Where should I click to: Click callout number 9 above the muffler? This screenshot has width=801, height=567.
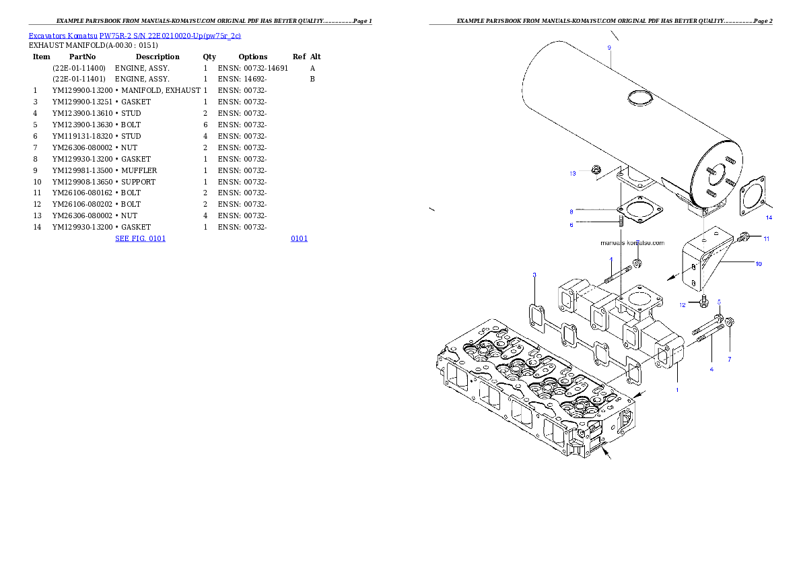click(609, 48)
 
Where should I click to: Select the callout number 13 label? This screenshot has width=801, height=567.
click(572, 174)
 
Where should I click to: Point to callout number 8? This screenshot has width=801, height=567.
click(571, 211)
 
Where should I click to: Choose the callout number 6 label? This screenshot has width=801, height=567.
click(571, 225)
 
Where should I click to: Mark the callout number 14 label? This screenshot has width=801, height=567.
click(768, 218)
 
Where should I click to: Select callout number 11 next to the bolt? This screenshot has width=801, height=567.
click(766, 238)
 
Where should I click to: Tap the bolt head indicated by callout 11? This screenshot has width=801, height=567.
click(744, 237)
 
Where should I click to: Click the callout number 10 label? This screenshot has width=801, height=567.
click(759, 264)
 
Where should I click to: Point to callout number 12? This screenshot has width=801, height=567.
click(682, 305)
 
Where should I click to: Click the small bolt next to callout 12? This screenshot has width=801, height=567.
click(704, 301)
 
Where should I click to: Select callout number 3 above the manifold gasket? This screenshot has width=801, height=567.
click(534, 275)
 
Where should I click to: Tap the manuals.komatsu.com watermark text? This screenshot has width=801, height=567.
click(632, 242)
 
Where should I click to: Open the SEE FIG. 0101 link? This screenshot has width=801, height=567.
click(140, 238)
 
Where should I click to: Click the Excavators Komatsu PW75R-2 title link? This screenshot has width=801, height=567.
click(135, 36)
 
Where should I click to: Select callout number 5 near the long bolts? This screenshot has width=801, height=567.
click(719, 302)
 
